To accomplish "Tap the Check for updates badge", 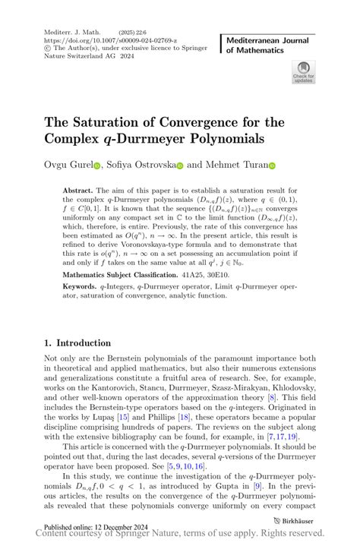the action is point(303,72).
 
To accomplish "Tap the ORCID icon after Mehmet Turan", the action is point(272,165).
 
